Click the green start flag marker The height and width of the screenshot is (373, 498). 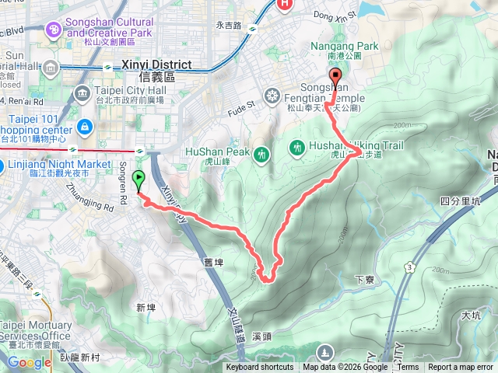coord(139,181)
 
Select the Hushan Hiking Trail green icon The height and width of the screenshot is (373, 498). coord(297,147)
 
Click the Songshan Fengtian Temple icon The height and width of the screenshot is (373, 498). coord(272,96)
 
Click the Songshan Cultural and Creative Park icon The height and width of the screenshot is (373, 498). coord(54,30)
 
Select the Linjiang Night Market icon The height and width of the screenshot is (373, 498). coord(2,165)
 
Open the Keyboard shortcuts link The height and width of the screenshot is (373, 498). coord(260,368)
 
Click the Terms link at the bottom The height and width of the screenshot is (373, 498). coord(408,368)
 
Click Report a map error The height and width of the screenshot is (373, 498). coord(461,368)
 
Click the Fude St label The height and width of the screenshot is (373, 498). coord(241,103)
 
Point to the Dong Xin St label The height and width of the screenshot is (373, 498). coord(334,13)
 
